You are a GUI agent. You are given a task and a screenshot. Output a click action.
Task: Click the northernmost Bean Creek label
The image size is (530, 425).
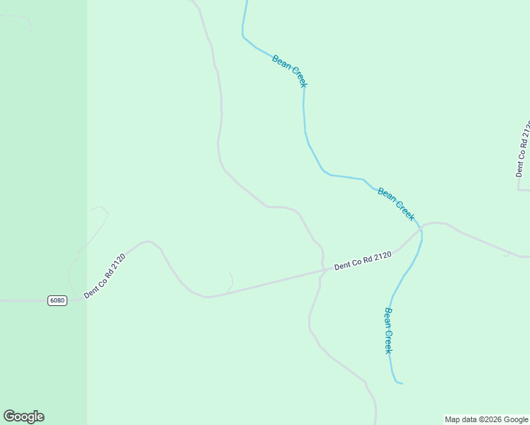tap(289, 72)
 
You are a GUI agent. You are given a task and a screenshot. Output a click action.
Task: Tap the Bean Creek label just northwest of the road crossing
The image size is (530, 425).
tap(395, 204)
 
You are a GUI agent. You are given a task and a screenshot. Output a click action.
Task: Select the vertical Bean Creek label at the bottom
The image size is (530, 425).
tap(388, 330)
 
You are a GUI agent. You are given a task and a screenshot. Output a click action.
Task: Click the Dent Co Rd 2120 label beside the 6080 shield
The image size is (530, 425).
tap(104, 276)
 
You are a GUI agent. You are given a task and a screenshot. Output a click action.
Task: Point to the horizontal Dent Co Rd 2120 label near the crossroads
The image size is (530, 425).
tap(363, 261)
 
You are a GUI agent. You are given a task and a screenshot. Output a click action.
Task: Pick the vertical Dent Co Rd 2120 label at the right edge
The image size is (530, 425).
tap(523, 149)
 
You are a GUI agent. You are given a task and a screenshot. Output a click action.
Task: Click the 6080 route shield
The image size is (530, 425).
tap(57, 300)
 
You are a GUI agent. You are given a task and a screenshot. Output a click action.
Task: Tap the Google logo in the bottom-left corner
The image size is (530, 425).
tap(23, 416)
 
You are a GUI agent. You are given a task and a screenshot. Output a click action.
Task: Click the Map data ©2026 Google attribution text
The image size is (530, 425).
tap(486, 419)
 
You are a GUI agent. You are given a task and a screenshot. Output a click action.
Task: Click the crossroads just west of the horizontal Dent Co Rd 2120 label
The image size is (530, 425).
tap(322, 270)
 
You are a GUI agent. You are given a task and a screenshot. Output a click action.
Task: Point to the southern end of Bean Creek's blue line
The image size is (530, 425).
tap(401, 383)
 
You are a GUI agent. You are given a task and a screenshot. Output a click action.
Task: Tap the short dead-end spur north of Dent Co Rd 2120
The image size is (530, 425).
tap(231, 280)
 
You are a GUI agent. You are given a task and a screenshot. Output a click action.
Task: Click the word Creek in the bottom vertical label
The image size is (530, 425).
tap(388, 341)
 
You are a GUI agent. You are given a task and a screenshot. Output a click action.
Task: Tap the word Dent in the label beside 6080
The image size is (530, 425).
tap(91, 288)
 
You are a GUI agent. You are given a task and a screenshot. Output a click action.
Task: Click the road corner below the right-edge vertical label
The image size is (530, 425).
tap(519, 189)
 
